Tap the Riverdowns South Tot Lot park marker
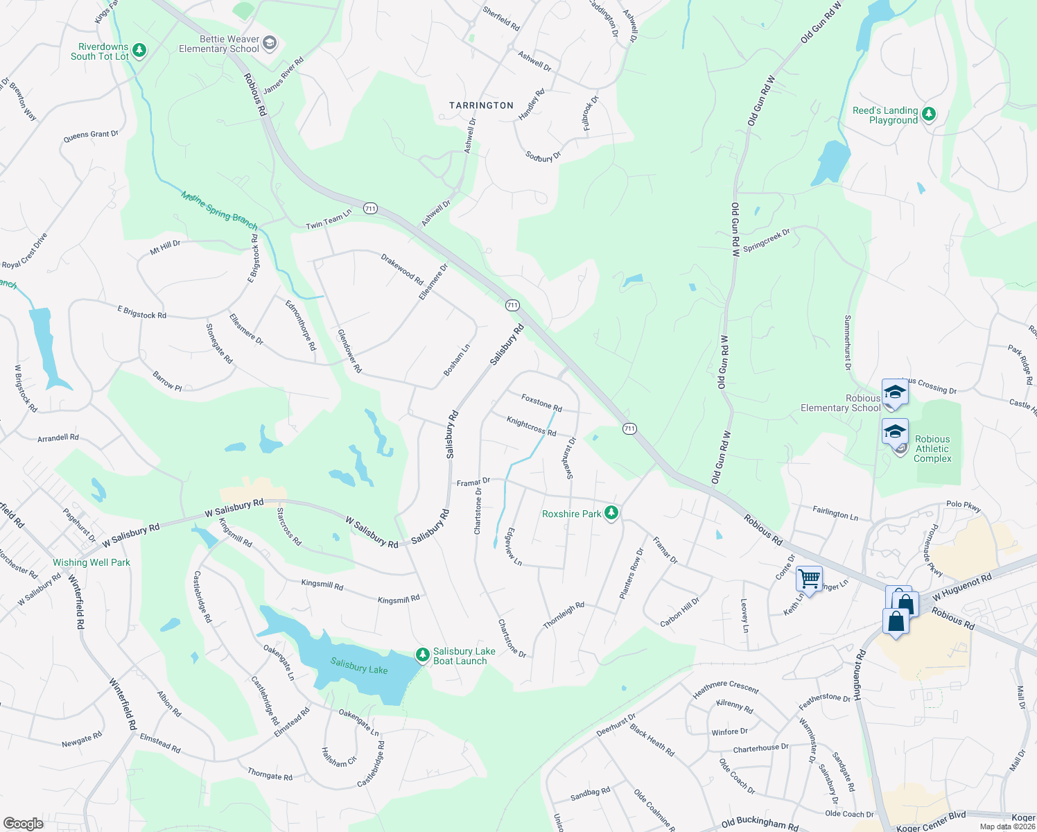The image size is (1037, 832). coord(139,51)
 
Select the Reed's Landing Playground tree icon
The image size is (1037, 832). coord(929,114)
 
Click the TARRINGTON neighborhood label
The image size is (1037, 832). coord(481,105)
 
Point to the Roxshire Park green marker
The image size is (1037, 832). coord(611,513)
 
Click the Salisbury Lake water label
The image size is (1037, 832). coord(359,667)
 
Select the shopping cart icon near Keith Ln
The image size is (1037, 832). coord(809,578)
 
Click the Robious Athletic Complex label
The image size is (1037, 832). coord(932,449)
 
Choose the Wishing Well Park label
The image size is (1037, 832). coord(91,562)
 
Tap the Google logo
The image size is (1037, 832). coord(23,823)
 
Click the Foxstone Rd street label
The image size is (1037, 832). coord(541,403)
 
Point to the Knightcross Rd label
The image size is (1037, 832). coord(531,426)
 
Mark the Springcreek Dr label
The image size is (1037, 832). coord(766,241)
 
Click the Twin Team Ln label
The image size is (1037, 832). coord(329,220)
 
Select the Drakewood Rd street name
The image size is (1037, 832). coord(402,270)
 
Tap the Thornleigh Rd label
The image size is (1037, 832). coord(564,615)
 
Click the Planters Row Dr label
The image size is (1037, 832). coord(631,574)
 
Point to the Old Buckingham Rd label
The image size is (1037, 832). coord(760,823)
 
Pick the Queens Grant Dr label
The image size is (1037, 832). coord(91,135)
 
